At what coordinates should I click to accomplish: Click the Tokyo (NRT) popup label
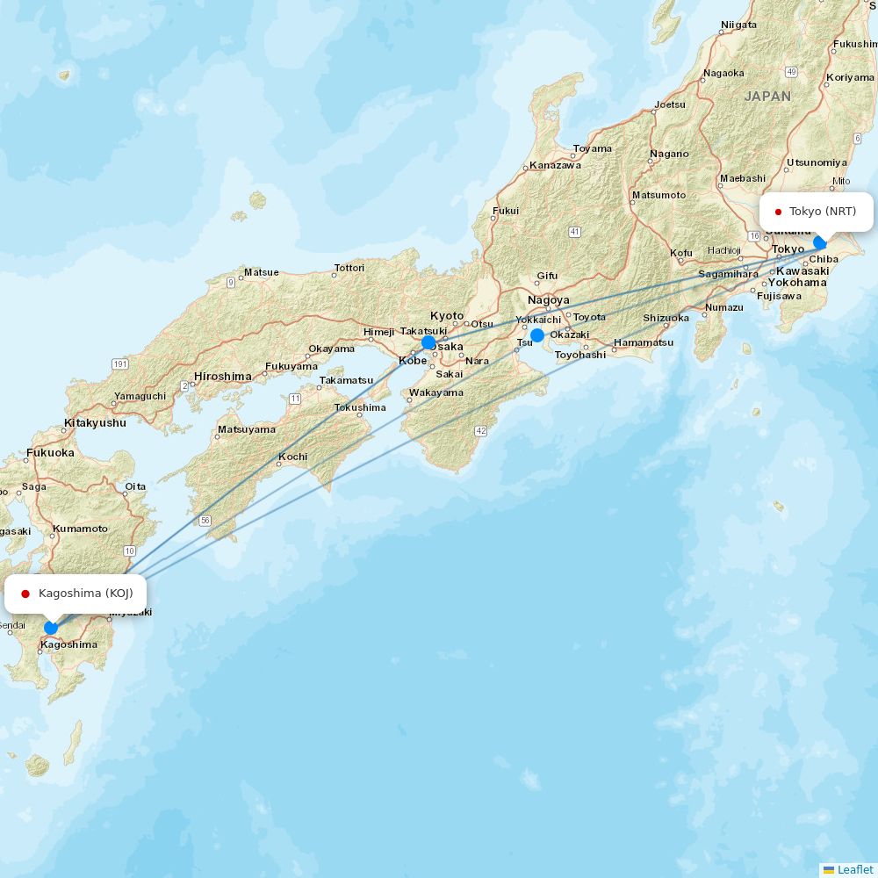[x=817, y=212]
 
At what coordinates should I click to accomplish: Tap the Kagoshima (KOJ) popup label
[x=76, y=594]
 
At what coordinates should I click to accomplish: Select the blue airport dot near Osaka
[x=428, y=342]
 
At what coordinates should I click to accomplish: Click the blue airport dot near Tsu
[x=537, y=335]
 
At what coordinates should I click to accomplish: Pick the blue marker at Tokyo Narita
[x=820, y=242]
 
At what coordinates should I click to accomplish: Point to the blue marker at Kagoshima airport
[x=51, y=627]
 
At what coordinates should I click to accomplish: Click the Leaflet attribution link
[x=854, y=869]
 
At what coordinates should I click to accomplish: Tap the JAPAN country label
[x=767, y=97]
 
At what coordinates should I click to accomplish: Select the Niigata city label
[x=738, y=25]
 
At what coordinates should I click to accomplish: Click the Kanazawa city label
[x=555, y=165]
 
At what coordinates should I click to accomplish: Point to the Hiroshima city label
[x=222, y=376]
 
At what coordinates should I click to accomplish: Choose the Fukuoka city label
[x=50, y=453]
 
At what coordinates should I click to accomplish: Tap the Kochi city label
[x=292, y=457]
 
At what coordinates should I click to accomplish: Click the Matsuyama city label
[x=246, y=429]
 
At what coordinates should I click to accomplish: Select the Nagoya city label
[x=549, y=300]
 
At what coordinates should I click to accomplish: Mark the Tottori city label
[x=349, y=268]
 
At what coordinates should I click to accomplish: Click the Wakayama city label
[x=436, y=392]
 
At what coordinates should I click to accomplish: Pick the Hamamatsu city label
[x=644, y=342]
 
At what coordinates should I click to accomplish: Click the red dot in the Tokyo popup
[x=778, y=212]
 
